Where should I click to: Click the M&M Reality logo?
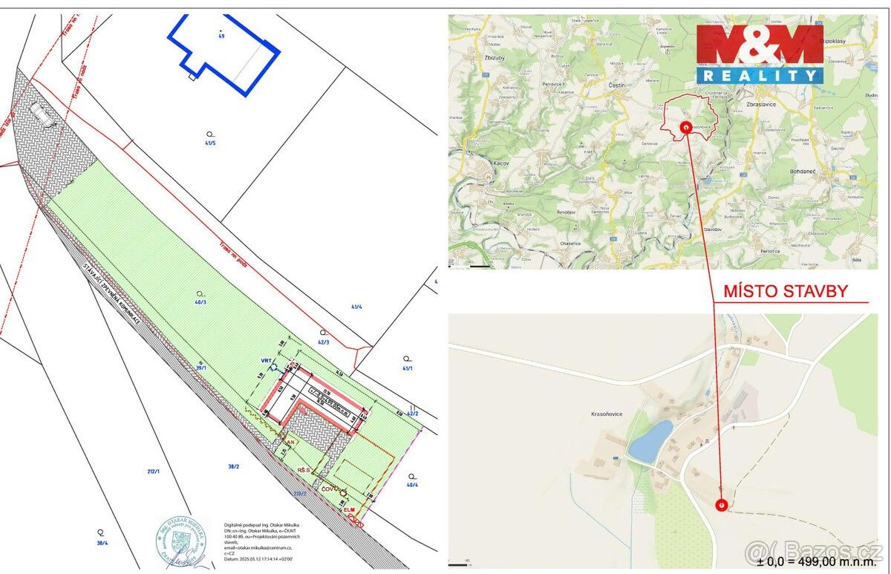tap(760, 53)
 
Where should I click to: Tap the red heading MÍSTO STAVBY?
tap(786, 291)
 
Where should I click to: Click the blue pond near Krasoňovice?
tap(650, 440)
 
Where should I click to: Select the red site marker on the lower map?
tap(722, 505)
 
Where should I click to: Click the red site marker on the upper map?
tap(685, 127)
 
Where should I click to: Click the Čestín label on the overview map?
tap(596, 105)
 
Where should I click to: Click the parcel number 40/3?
tap(199, 302)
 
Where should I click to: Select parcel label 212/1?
tap(154, 471)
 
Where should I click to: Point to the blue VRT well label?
tap(266, 361)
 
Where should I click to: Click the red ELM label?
tap(348, 510)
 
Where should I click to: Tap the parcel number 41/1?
tap(407, 368)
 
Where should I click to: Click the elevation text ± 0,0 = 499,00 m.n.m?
tap(810, 561)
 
